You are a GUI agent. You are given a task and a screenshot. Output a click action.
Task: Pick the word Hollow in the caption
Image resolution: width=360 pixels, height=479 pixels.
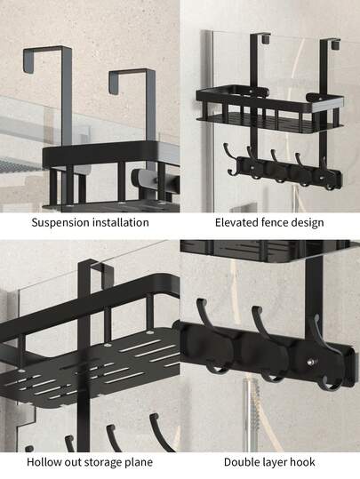tap(44, 462)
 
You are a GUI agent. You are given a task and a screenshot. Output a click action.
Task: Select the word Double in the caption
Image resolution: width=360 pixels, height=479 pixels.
tap(242, 462)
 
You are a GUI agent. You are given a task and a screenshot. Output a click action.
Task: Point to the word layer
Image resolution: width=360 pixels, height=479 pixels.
tap(275, 462)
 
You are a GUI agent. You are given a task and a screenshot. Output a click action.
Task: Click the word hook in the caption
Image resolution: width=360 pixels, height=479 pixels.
tap(302, 462)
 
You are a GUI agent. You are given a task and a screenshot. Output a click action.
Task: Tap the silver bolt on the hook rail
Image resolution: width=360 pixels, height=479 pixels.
tap(311, 363)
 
